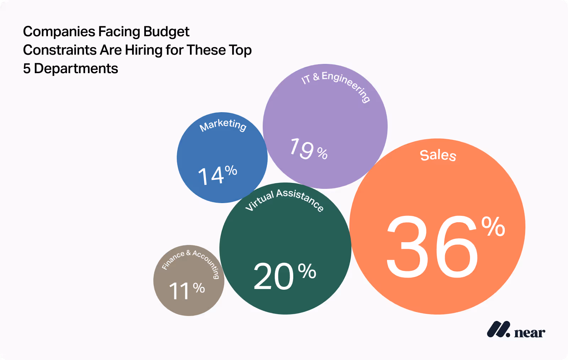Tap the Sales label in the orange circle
click(x=438, y=155)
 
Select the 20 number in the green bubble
click(x=273, y=276)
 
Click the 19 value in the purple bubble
click(x=302, y=149)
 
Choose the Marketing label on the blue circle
click(x=223, y=125)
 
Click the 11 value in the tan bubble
click(x=180, y=291)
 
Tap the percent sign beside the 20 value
click(x=307, y=271)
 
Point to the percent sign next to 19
click(x=322, y=153)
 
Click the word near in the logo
click(x=529, y=333)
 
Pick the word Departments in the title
click(x=76, y=69)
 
